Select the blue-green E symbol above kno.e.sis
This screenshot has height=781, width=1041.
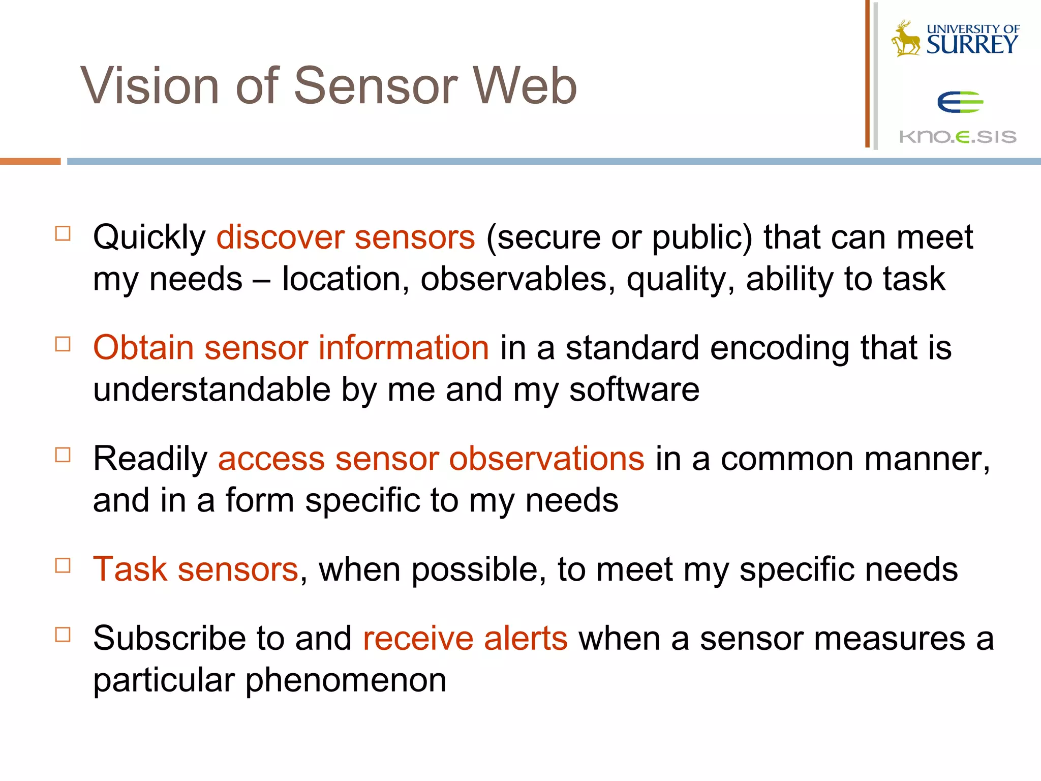pos(960,102)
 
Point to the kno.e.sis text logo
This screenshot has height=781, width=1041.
pos(958,137)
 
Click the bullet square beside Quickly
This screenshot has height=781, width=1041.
pos(63,233)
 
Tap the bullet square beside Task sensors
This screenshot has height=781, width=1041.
pos(63,565)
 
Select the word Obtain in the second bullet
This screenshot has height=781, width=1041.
pos(143,348)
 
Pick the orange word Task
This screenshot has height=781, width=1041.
pos(130,569)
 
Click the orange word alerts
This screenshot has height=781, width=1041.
pos(525,638)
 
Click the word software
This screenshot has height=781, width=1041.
pos(634,390)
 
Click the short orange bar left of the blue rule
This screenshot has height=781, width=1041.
pos(30,161)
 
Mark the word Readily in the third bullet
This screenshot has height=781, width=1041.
pos(150,459)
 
